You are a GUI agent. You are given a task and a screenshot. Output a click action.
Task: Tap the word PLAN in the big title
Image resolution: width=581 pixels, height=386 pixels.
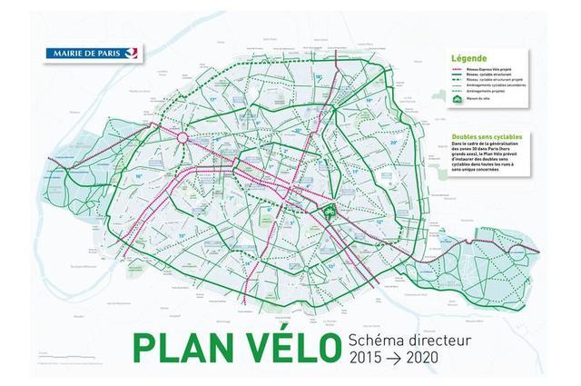[x=190, y=349]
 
